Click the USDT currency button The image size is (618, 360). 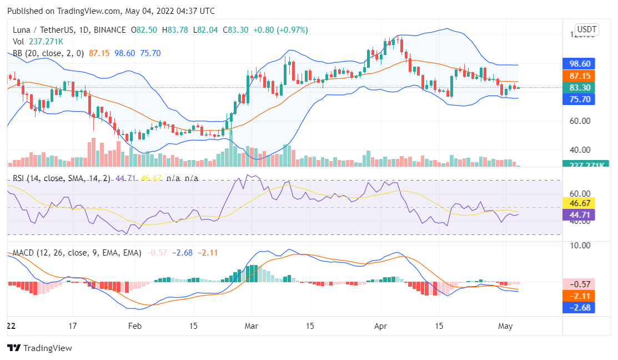pos(587,29)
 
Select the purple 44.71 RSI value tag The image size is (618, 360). pos(579,215)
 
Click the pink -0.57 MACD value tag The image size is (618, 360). pos(579,284)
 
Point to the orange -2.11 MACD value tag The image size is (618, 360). pos(579,296)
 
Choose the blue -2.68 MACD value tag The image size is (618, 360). pos(579,307)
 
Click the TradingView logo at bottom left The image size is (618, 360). pos(39,348)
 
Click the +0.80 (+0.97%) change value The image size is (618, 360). pos(280,29)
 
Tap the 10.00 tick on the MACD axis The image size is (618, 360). pos(579,245)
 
